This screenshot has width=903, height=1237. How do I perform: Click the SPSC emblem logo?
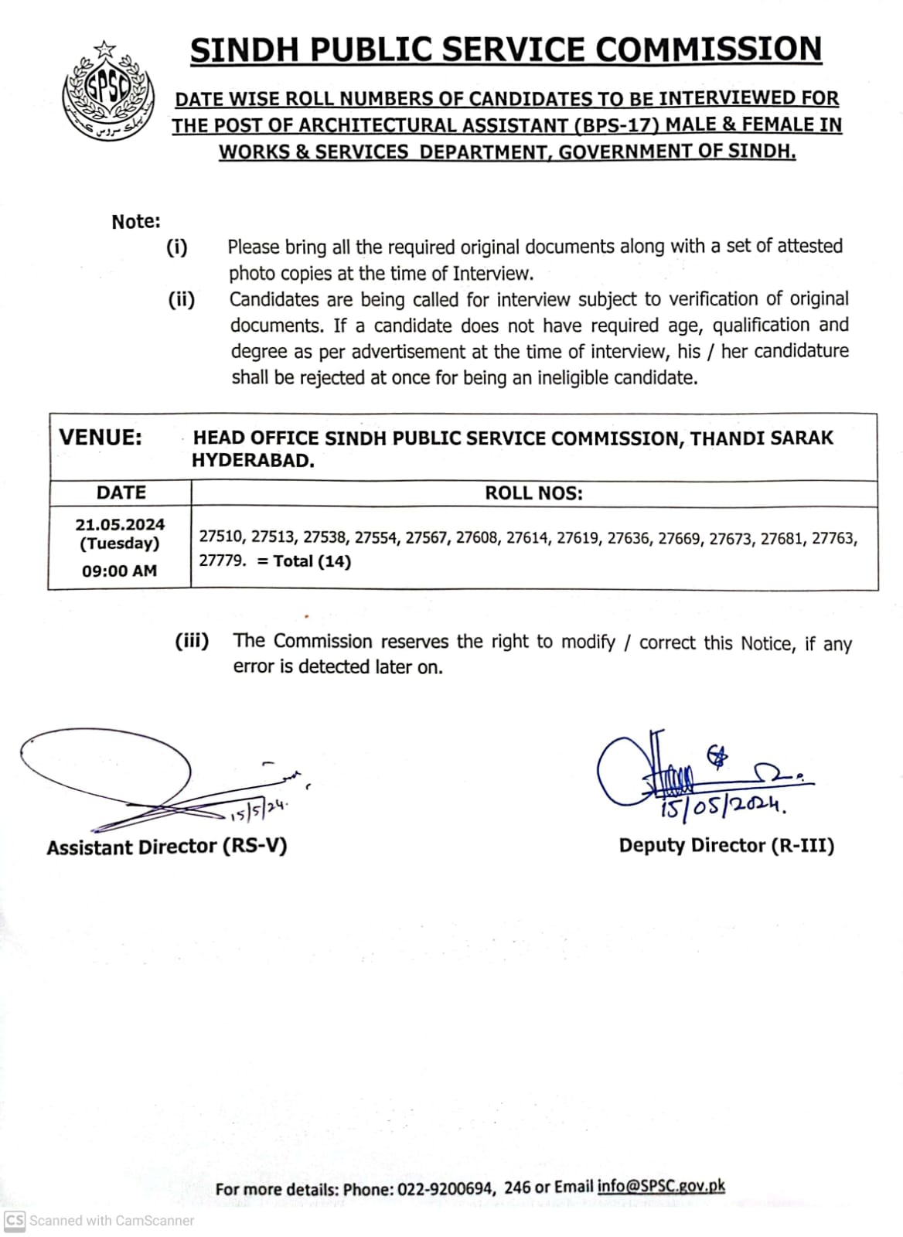tap(107, 91)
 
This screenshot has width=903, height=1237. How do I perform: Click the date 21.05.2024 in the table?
tap(120, 524)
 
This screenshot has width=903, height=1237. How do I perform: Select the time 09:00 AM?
tap(120, 571)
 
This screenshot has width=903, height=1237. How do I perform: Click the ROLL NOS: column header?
tap(533, 493)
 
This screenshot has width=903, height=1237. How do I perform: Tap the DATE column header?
tap(121, 492)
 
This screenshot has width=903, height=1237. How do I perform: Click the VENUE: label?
tap(101, 438)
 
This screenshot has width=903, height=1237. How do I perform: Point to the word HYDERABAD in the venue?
tap(253, 461)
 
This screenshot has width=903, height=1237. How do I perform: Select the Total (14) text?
tap(312, 561)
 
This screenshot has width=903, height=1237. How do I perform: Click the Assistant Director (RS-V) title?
tap(166, 847)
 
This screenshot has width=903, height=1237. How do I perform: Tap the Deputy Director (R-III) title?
tap(727, 845)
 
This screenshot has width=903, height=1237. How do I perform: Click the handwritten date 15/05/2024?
tap(724, 808)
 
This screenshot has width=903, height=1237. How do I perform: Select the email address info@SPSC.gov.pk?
tap(661, 1187)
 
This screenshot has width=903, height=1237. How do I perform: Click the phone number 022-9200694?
tap(445, 1188)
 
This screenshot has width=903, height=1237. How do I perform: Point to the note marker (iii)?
tap(192, 641)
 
